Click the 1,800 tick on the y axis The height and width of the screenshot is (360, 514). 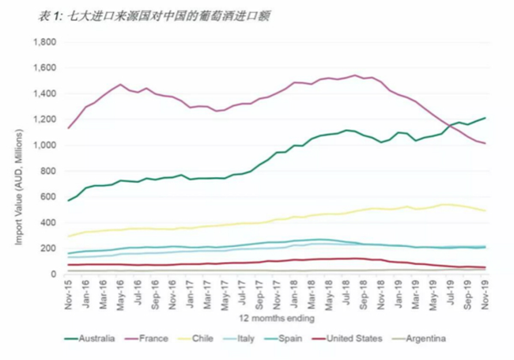pyautogui.click(x=45, y=42)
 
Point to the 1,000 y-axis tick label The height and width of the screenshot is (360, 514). pyautogui.click(x=45, y=146)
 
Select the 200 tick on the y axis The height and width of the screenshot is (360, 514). pyautogui.click(x=50, y=248)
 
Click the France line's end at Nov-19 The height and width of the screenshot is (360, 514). pyautogui.click(x=485, y=143)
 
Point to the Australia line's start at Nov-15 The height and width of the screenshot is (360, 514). pyautogui.click(x=69, y=201)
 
